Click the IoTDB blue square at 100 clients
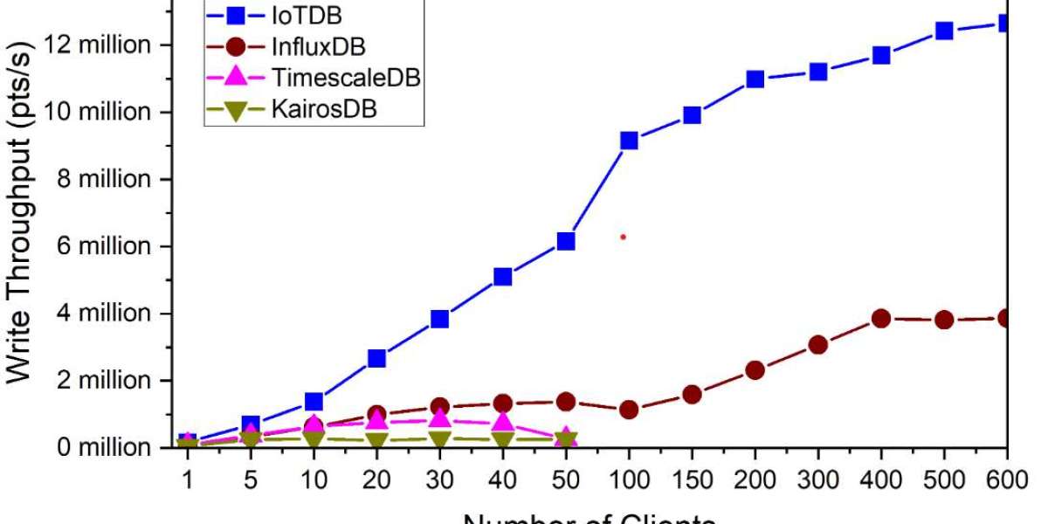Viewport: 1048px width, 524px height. point(629,141)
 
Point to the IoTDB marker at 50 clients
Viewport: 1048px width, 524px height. point(566,241)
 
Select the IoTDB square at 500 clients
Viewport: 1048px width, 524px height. point(944,31)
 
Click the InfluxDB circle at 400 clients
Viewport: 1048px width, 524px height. point(881,318)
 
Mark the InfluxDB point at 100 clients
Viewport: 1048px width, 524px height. point(629,410)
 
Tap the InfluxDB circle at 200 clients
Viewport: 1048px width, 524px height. point(755,370)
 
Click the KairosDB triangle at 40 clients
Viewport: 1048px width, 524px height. point(503,439)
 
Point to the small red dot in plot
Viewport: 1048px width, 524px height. point(623,237)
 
